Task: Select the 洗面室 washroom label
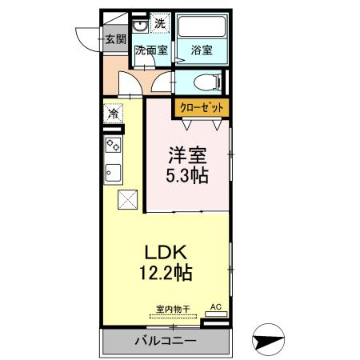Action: point(150,50)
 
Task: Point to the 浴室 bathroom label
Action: point(201,50)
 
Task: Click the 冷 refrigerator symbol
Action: point(114,114)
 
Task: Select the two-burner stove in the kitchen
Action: point(113,146)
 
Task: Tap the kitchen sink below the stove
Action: point(113,172)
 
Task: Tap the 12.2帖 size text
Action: point(166,274)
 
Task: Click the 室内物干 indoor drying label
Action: point(174,309)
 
